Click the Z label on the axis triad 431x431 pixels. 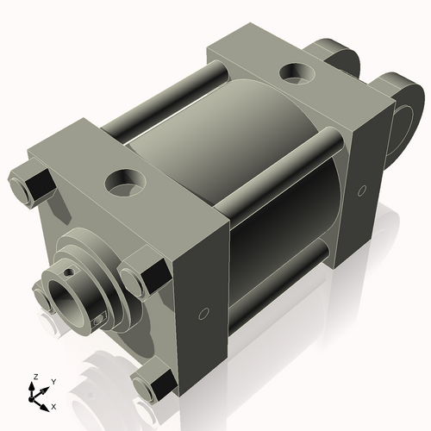(34, 378)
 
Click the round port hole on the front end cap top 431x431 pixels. (123, 182)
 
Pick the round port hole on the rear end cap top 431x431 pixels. (298, 72)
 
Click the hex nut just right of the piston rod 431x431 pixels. (141, 278)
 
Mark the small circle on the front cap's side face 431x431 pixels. (204, 312)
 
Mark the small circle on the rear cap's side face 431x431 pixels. (362, 189)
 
